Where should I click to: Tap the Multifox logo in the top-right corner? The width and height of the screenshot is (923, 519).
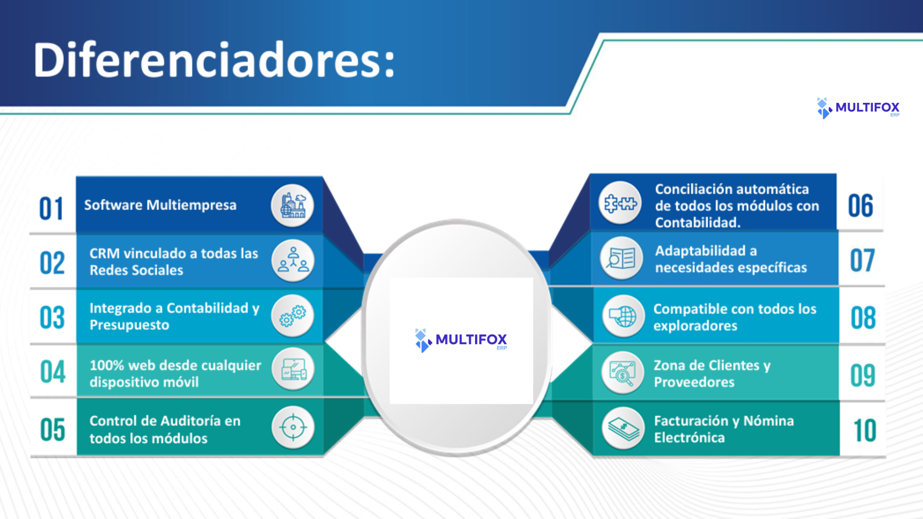point(858,108)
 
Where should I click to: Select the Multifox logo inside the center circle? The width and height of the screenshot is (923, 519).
point(461,340)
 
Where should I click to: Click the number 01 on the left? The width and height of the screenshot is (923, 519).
point(51,209)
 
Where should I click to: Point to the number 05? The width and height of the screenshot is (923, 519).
point(52,429)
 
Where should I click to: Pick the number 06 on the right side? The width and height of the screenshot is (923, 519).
point(861,206)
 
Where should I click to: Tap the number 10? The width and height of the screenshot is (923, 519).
point(864,430)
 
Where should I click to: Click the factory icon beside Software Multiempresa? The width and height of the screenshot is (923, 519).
point(293,206)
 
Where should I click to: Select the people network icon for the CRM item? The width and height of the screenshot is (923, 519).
point(293,260)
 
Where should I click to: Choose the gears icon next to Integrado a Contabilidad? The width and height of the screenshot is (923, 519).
point(293,316)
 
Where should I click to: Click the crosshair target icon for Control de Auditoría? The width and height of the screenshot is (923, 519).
point(293,427)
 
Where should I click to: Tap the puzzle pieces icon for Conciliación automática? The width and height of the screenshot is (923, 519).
point(620,203)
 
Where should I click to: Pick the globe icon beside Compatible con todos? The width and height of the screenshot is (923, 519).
point(623,316)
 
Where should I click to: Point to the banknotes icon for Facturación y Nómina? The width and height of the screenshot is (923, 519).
point(623,428)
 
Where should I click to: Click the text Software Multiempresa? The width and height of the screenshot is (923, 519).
point(161,205)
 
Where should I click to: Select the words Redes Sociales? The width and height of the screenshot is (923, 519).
point(137,270)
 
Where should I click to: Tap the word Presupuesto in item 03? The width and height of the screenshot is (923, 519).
point(129,325)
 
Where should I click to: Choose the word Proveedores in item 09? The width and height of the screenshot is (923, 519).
point(694,382)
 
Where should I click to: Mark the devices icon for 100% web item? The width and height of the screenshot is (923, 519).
point(293,371)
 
